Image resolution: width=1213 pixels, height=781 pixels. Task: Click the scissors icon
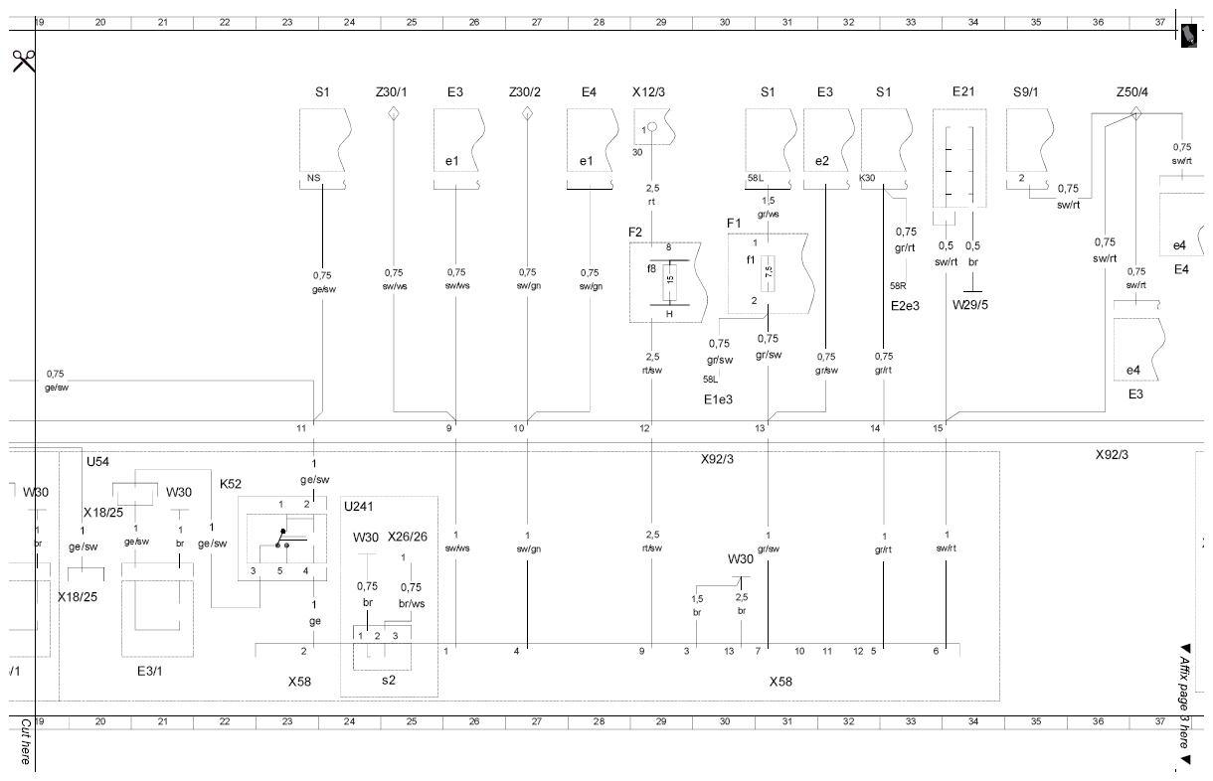click(x=24, y=61)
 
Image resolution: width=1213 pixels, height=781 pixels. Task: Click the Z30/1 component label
click(x=391, y=92)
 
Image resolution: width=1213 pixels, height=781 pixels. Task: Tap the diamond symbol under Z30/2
click(x=527, y=113)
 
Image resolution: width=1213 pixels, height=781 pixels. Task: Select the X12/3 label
click(x=648, y=92)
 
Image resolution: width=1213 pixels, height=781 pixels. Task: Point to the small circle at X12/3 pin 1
click(x=652, y=127)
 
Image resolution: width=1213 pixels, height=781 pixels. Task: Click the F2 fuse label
click(x=634, y=233)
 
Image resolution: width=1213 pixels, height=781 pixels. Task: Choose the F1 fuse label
click(x=733, y=223)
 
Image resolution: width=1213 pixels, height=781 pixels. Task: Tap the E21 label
click(x=963, y=91)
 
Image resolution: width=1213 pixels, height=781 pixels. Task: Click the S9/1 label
click(x=1026, y=92)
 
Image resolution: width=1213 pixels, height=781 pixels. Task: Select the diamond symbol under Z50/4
click(x=1135, y=113)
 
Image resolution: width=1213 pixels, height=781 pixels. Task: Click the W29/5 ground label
click(x=969, y=305)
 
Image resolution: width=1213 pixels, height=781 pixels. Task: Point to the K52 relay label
click(x=230, y=484)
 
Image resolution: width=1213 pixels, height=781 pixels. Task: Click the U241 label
click(x=359, y=506)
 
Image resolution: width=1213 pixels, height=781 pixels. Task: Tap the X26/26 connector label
click(x=408, y=537)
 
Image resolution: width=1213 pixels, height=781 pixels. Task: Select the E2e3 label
click(x=905, y=306)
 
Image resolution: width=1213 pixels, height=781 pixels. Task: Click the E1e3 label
click(x=718, y=399)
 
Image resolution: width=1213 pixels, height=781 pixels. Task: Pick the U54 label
click(x=97, y=462)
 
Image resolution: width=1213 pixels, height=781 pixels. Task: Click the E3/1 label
click(x=149, y=671)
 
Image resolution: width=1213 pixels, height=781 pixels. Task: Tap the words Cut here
click(x=26, y=741)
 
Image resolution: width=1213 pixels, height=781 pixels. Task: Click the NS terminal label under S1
click(x=313, y=178)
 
